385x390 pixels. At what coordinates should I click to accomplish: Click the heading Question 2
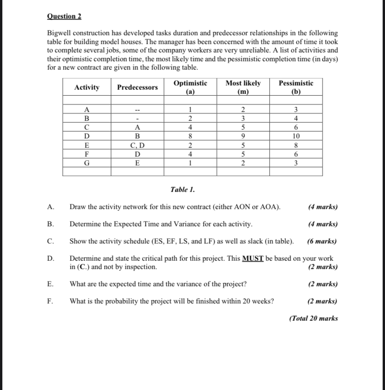(64, 16)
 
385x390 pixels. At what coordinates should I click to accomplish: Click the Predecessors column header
(137, 87)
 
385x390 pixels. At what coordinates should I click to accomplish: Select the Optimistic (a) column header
(190, 87)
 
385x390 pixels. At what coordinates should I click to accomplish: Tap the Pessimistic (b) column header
(296, 87)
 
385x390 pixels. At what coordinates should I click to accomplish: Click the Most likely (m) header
(243, 87)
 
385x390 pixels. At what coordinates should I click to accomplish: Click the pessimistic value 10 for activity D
(296, 136)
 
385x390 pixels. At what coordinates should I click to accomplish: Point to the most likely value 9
(243, 136)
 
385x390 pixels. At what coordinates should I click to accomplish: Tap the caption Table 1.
(183, 190)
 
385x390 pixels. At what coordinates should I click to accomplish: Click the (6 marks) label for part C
(322, 241)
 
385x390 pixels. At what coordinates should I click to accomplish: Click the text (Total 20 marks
(313, 318)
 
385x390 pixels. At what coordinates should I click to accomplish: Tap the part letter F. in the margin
(50, 301)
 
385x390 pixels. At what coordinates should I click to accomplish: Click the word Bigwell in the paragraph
(59, 34)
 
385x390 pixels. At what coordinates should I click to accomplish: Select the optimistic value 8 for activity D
(190, 136)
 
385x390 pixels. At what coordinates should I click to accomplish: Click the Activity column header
(86, 87)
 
